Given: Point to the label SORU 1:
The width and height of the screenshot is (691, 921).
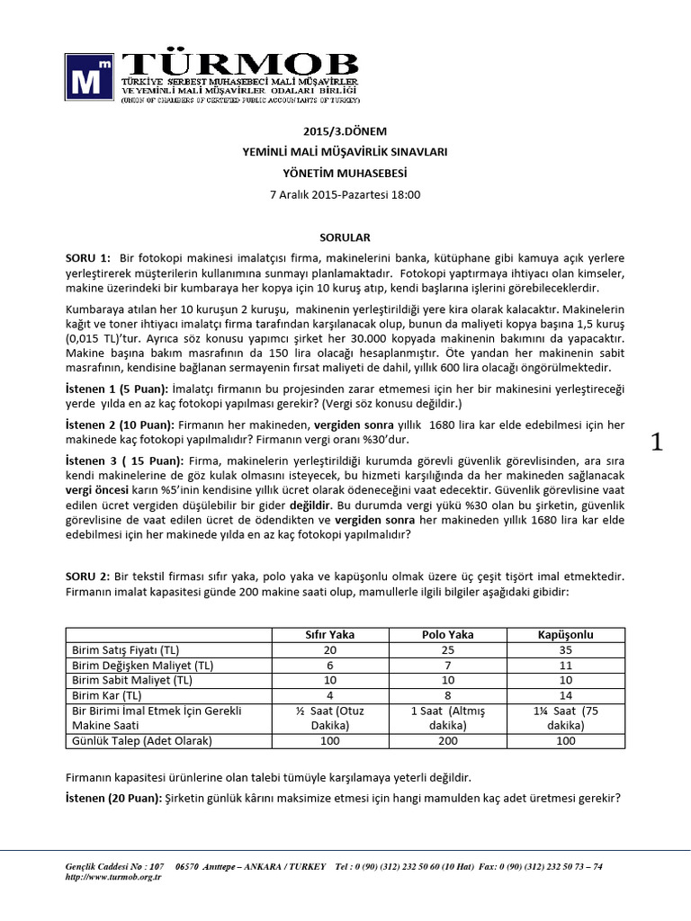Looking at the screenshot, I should [x=87, y=258].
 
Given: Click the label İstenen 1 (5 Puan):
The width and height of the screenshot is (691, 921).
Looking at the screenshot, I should [x=117, y=387].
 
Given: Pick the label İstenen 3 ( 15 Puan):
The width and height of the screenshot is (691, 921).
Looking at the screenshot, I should [x=122, y=460].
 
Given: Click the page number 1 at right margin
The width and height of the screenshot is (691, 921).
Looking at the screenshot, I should [x=657, y=442].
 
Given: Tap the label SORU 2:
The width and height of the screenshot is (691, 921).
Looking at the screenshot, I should [x=87, y=576].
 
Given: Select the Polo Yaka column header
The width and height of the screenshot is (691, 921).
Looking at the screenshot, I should [x=447, y=634].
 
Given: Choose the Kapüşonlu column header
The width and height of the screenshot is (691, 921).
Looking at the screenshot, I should [x=566, y=634].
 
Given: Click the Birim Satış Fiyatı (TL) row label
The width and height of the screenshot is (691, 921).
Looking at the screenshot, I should [x=125, y=649].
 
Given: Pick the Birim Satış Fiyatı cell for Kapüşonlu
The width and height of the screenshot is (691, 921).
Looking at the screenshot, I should [x=566, y=649].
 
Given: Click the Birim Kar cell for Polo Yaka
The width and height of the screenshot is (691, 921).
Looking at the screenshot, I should [x=447, y=695].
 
